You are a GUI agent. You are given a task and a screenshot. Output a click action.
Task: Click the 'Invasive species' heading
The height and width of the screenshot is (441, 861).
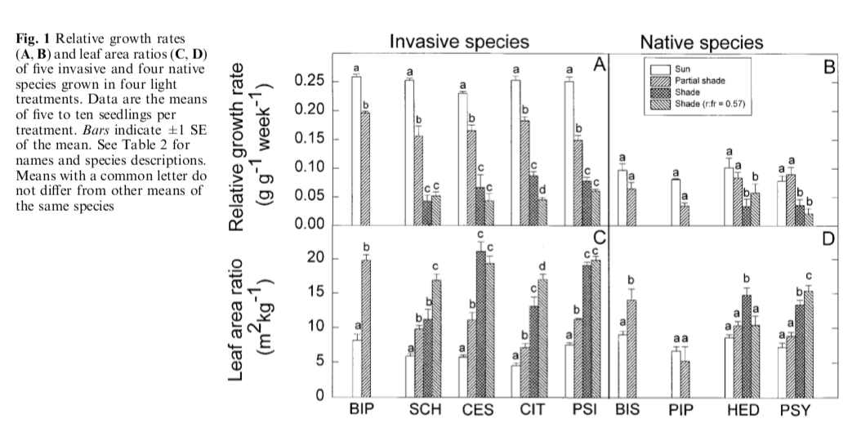[x=458, y=42]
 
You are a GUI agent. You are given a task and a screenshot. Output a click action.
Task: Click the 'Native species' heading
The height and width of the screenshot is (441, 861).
[x=701, y=42]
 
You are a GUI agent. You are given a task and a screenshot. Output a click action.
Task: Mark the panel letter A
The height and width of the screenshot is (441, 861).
[x=599, y=65]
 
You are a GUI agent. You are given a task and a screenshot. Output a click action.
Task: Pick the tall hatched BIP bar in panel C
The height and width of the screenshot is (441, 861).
[x=366, y=327]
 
